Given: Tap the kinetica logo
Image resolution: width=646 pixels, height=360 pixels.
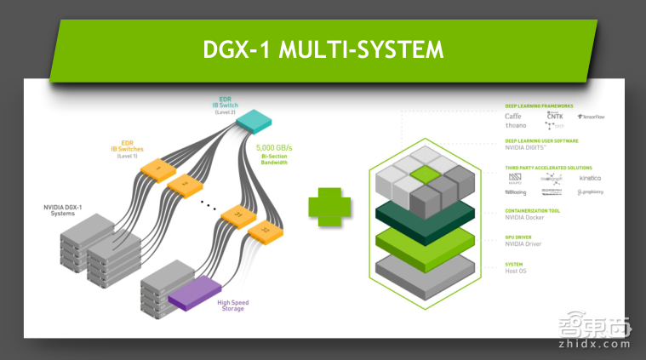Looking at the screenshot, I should tap(590, 178).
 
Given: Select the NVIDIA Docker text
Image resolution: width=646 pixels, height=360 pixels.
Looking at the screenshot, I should tap(527, 218).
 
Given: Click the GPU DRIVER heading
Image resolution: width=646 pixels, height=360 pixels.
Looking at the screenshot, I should tap(519, 237).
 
